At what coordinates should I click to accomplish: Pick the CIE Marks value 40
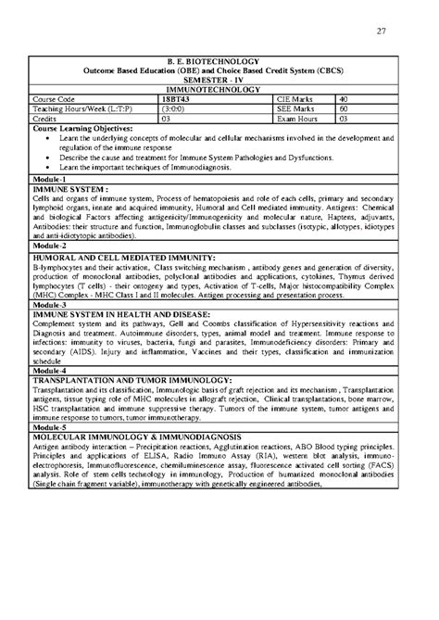(344, 98)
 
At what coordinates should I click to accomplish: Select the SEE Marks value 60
(344, 108)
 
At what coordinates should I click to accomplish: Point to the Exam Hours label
(296, 119)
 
